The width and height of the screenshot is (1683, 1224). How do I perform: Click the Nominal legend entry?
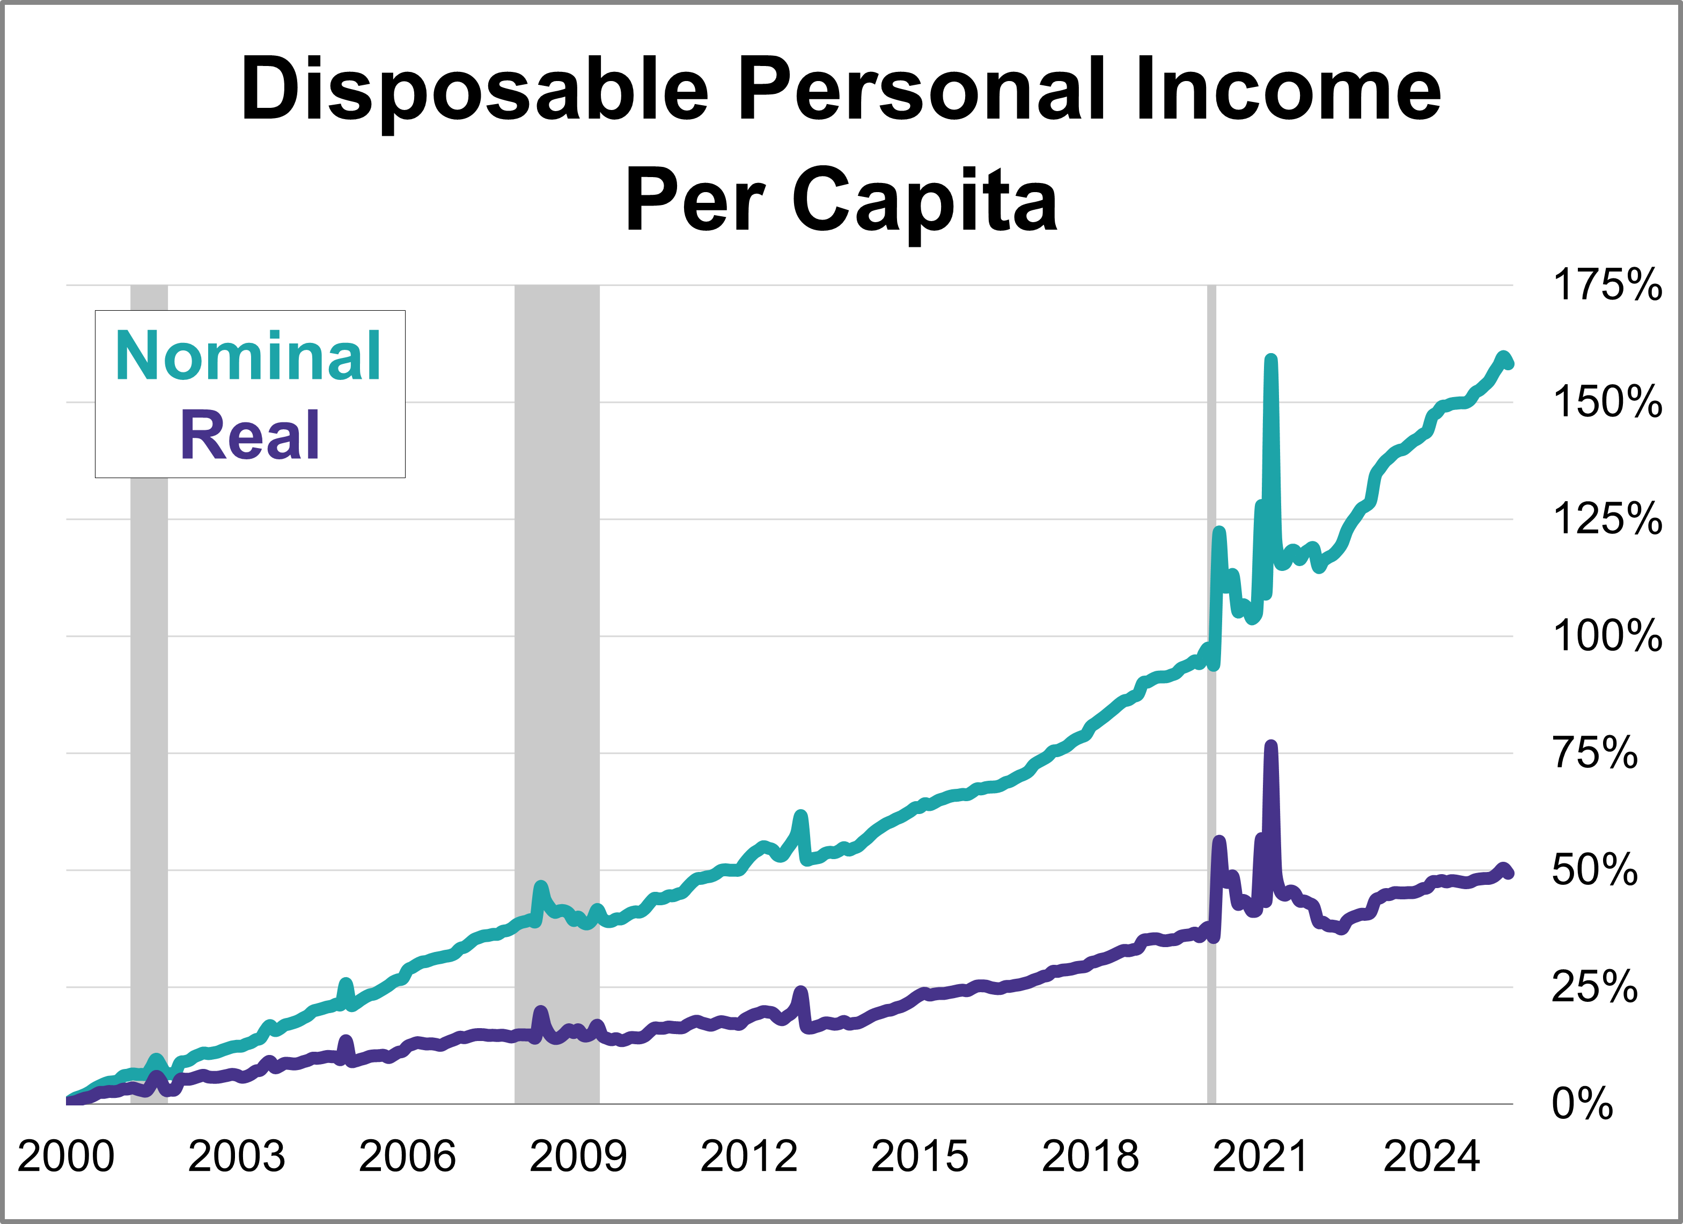pyautogui.click(x=248, y=356)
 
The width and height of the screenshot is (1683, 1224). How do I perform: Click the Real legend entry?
pyautogui.click(x=250, y=436)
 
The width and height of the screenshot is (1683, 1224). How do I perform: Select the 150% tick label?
pyautogui.click(x=1607, y=402)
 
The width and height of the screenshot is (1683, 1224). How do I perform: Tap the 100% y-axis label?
pyautogui.click(x=1607, y=637)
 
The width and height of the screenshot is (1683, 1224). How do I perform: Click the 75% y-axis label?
pyautogui.click(x=1594, y=753)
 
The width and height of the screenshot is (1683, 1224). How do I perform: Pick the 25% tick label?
pyautogui.click(x=1594, y=987)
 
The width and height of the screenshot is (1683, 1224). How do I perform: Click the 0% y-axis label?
pyautogui.click(x=1582, y=1104)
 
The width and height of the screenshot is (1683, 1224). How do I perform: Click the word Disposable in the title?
pyautogui.click(x=475, y=91)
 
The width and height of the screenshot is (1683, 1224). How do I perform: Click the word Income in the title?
pyautogui.click(x=1288, y=91)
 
